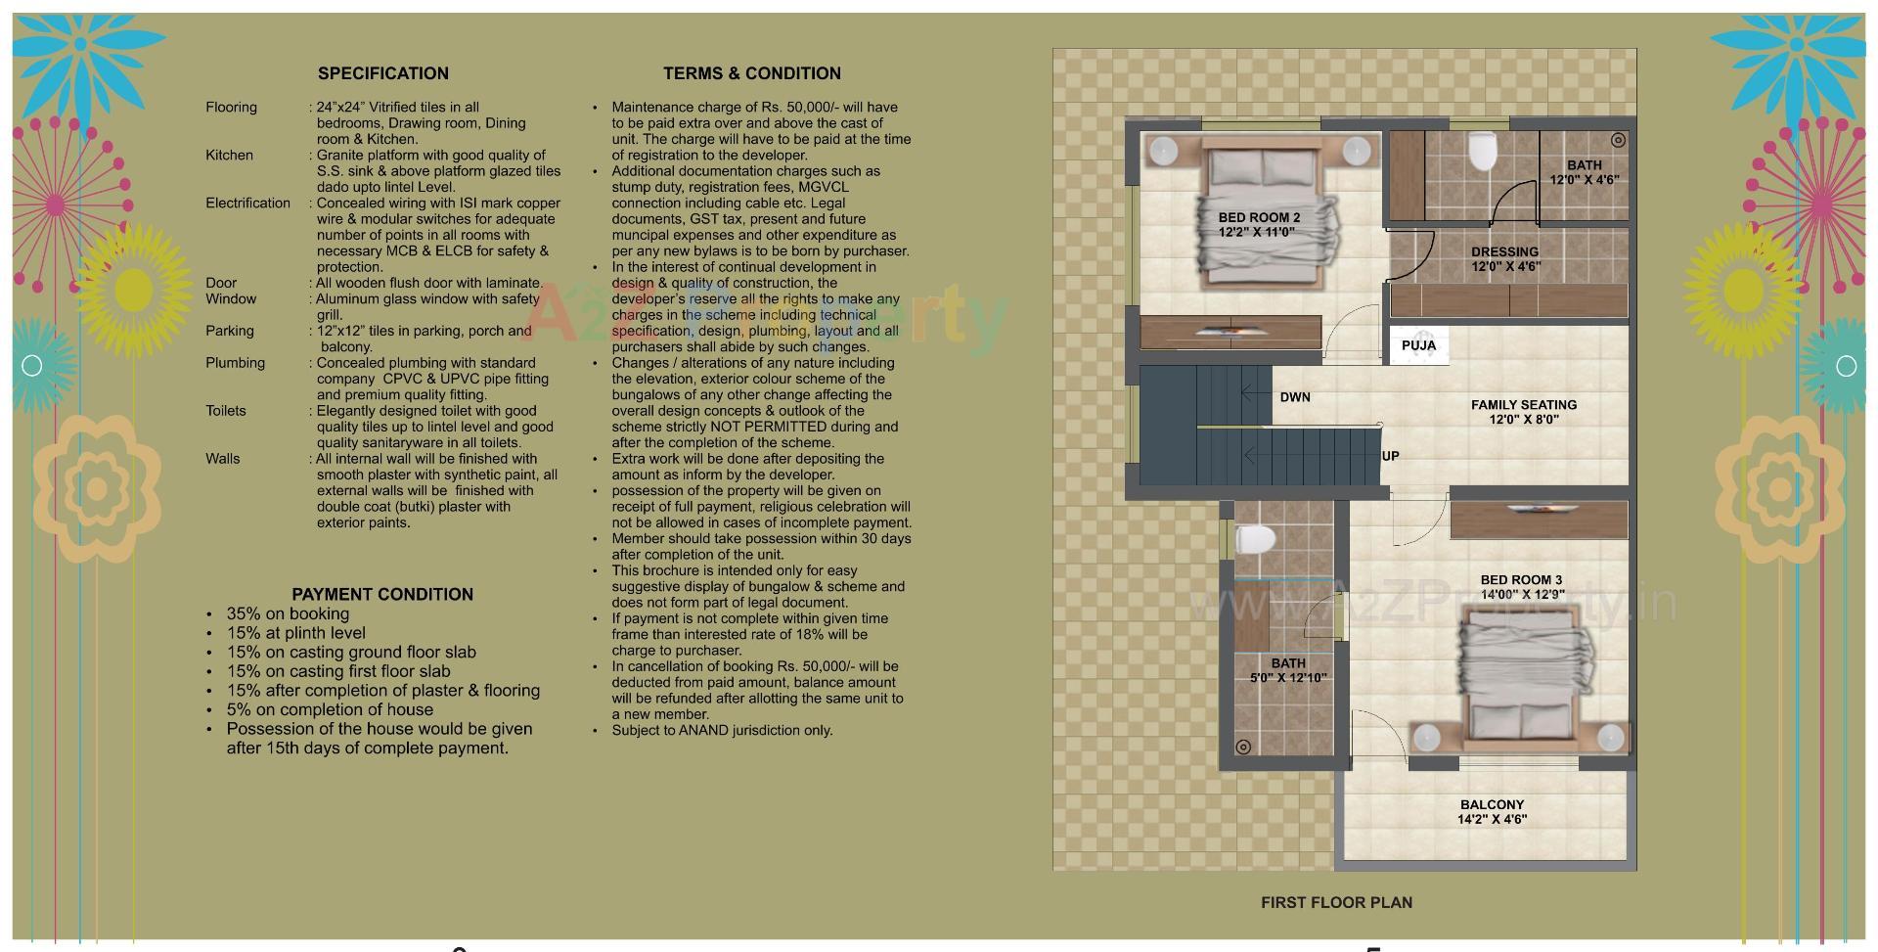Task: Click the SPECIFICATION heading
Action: pyautogui.click(x=382, y=73)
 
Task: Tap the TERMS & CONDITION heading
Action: pyautogui.click(x=751, y=73)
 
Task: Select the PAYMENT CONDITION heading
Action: pyautogui.click(x=382, y=594)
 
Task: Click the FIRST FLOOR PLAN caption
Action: pyautogui.click(x=1336, y=902)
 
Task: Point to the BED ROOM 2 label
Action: pyautogui.click(x=1258, y=217)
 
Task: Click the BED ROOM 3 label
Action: pyautogui.click(x=1521, y=580)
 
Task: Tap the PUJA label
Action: pyautogui.click(x=1418, y=345)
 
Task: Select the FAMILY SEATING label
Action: pyautogui.click(x=1523, y=405)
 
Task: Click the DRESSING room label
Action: pyautogui.click(x=1504, y=251)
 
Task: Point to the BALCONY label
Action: pyautogui.click(x=1492, y=805)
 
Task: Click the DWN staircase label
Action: pyautogui.click(x=1294, y=397)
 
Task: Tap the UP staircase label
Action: pyautogui.click(x=1390, y=456)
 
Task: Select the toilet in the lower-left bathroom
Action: pyautogui.click(x=1256, y=540)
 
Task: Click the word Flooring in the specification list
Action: pyautogui.click(x=231, y=108)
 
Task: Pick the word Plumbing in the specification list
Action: pyautogui.click(x=235, y=363)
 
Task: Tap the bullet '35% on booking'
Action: pyautogui.click(x=288, y=613)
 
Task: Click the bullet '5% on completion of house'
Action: pyautogui.click(x=330, y=709)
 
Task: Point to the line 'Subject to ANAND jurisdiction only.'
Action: pyautogui.click(x=722, y=730)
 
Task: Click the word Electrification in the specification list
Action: pyautogui.click(x=247, y=204)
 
